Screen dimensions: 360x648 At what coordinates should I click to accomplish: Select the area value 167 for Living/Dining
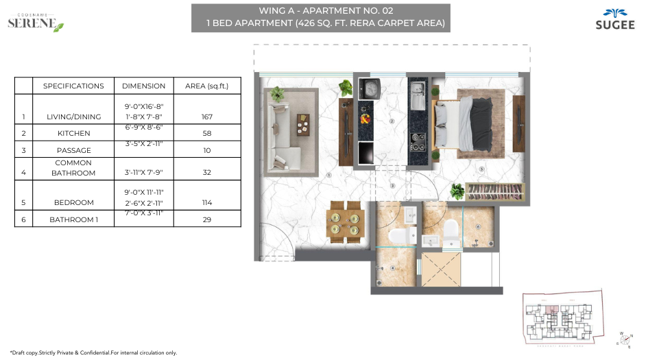[x=206, y=117]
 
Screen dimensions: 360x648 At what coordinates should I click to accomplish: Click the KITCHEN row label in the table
[x=73, y=133]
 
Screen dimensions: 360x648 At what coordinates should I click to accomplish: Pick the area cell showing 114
[x=206, y=203]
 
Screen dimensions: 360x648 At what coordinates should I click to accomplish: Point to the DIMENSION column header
[x=143, y=86]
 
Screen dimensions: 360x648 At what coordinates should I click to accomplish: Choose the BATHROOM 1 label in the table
[x=73, y=219]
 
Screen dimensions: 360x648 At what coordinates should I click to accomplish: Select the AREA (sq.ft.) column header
[x=206, y=86]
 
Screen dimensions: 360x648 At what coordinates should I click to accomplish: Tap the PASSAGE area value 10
[x=206, y=150]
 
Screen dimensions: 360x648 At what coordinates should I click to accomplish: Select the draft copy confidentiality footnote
[x=93, y=352]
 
